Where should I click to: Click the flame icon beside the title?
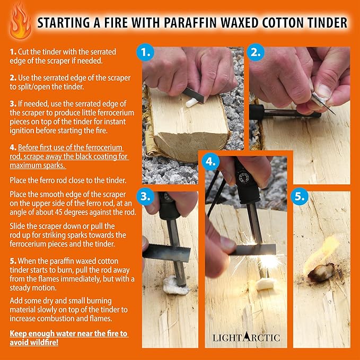click(20, 22)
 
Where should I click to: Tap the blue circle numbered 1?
click(145, 52)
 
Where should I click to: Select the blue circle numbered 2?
click(256, 52)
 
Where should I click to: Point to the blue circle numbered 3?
click(145, 196)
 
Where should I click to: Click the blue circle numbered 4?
click(210, 162)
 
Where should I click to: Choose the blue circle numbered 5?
click(300, 196)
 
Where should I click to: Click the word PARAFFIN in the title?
click(190, 23)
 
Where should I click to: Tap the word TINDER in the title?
click(328, 23)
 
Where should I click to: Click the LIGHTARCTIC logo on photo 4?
click(246, 337)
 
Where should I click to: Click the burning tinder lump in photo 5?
click(321, 273)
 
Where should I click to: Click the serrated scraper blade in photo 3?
click(166, 252)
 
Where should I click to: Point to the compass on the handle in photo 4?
click(244, 177)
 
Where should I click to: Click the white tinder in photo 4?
click(266, 284)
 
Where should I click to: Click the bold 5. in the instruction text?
click(13, 261)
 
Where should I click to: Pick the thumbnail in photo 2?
click(324, 91)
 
